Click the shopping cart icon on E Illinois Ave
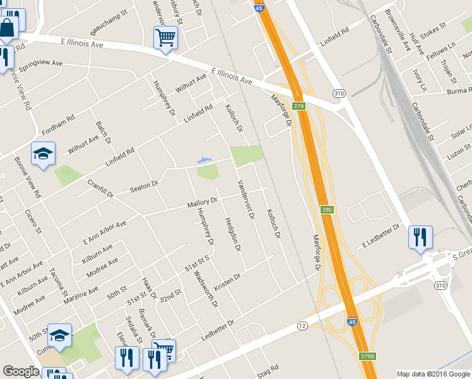coord(165,37)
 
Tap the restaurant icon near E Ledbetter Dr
coord(420,238)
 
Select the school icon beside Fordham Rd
coord(43,153)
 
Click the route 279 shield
coord(299,106)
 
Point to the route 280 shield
coord(326,210)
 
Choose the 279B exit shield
coord(366,356)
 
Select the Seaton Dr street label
coord(143,186)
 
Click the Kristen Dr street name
coord(228,279)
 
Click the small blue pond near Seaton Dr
coord(203,160)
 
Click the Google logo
coord(21,371)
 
